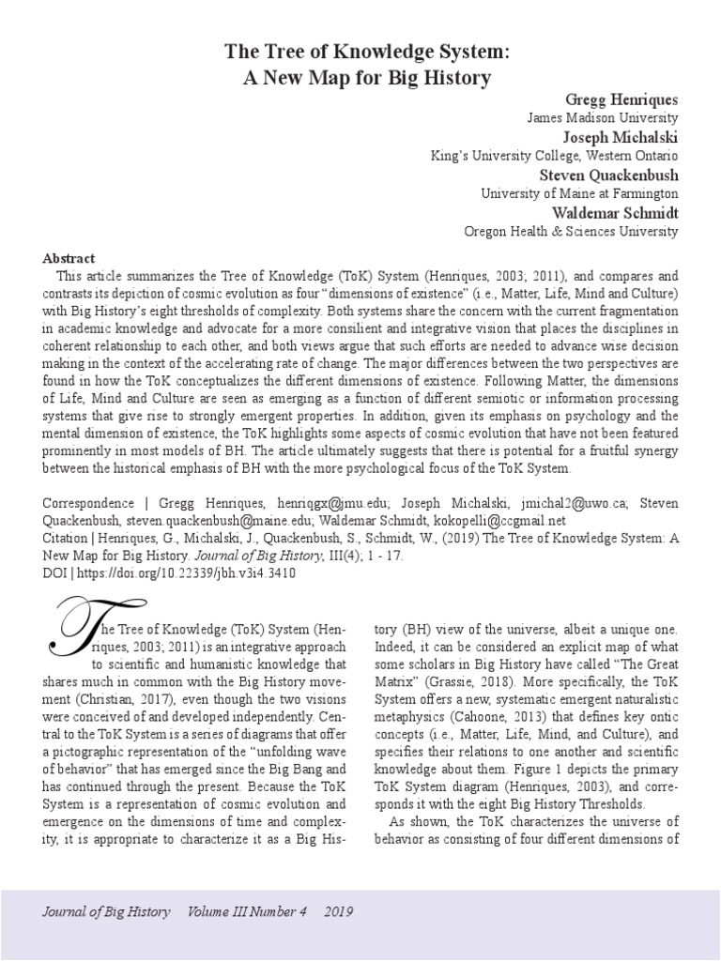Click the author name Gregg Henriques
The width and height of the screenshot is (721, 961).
621,99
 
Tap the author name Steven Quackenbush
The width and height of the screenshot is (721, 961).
608,175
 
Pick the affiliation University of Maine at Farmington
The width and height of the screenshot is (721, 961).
579,193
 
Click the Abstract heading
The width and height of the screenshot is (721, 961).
69,258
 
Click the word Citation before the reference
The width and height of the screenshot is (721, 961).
67,539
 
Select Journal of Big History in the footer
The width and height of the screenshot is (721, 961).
108,911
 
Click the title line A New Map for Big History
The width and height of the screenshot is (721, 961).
367,77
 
